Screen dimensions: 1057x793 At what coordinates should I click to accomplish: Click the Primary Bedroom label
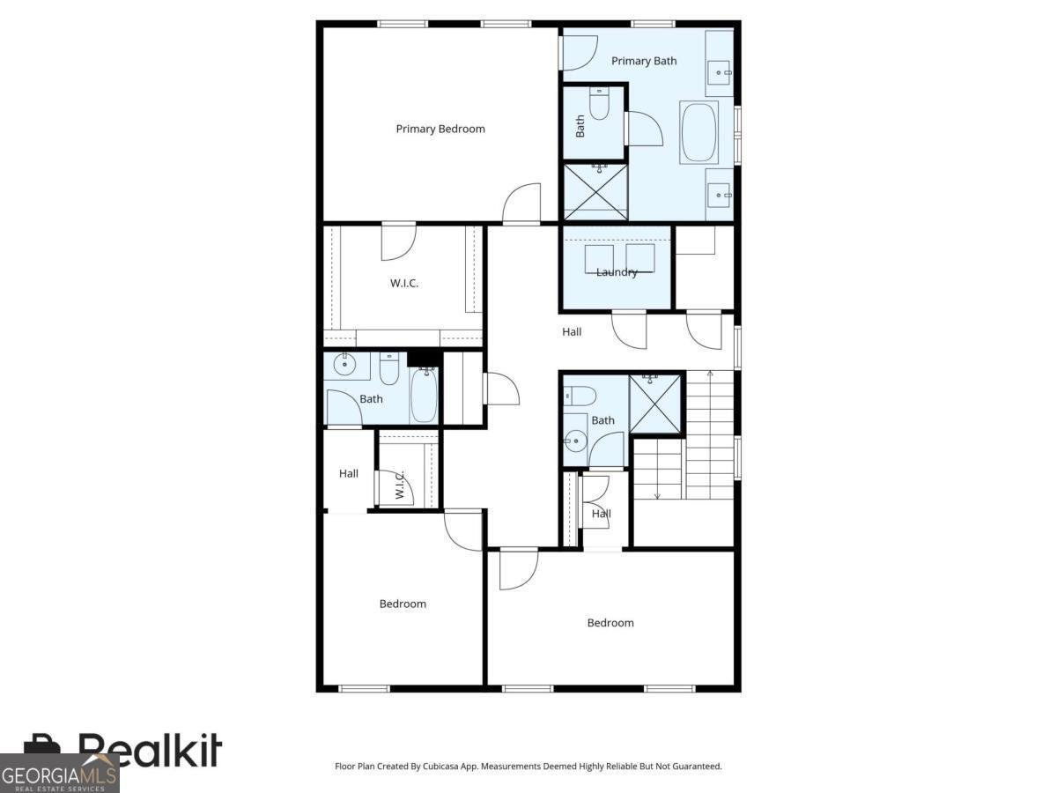point(440,129)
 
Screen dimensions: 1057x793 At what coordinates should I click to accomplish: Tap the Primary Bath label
point(644,61)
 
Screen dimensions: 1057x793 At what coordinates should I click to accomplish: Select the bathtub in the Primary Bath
point(699,132)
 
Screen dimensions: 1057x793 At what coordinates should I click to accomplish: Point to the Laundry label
point(617,272)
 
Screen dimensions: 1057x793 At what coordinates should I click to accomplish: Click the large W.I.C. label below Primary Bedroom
point(404,283)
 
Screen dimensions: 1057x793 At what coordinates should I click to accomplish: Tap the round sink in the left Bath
point(344,365)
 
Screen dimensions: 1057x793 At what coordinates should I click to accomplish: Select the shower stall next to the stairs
point(656,404)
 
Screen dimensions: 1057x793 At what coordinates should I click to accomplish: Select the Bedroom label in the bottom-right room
point(610,623)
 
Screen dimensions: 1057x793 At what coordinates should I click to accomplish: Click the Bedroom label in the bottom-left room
point(403,604)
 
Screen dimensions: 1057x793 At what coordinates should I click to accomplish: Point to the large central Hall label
point(572,332)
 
